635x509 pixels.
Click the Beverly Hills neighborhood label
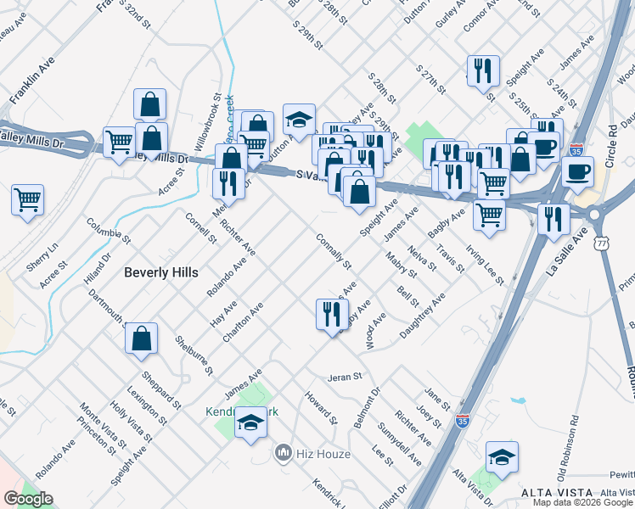coord(160,272)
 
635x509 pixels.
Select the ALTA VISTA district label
coord(552,494)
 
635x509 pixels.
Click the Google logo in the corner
coord(28,499)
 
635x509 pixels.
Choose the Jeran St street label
coord(346,376)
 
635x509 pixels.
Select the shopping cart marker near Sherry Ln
coord(28,201)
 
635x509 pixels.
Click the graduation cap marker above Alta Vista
coord(502,456)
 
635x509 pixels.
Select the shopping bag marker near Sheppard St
coord(141,338)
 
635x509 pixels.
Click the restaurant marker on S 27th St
coord(482,70)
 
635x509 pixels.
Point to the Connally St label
coord(333,252)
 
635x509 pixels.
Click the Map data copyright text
coord(583,502)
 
